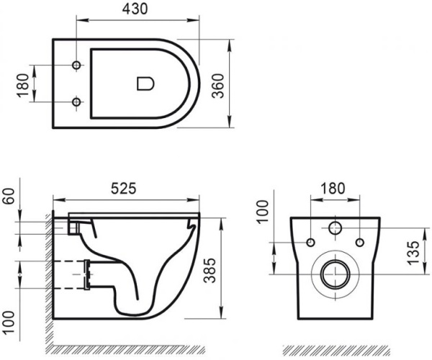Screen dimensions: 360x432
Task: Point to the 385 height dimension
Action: pos(230,268)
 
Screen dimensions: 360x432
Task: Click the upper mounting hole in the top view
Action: pos(77,66)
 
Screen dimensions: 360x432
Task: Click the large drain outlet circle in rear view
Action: pos(335,274)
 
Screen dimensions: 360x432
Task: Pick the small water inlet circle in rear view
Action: pos(335,230)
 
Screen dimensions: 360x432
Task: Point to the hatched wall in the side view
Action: pos(45,281)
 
